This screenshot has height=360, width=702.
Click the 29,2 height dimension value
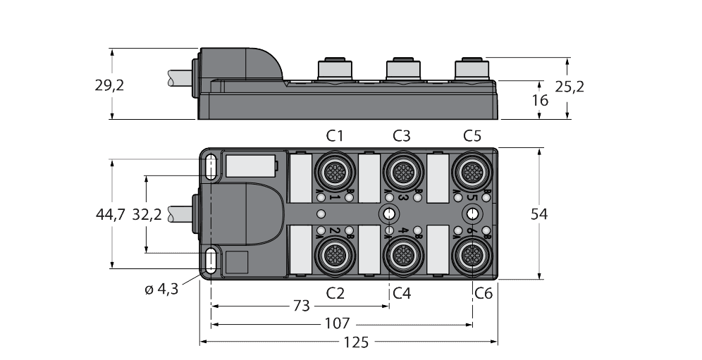(x=109, y=85)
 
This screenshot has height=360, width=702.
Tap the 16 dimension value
(x=539, y=100)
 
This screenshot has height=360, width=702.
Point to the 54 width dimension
(x=541, y=214)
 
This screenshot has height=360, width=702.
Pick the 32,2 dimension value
(x=147, y=215)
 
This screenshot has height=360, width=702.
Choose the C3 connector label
(x=402, y=136)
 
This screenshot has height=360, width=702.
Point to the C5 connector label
(x=472, y=136)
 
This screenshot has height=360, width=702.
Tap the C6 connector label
(x=483, y=292)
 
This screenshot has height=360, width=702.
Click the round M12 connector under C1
(x=333, y=170)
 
